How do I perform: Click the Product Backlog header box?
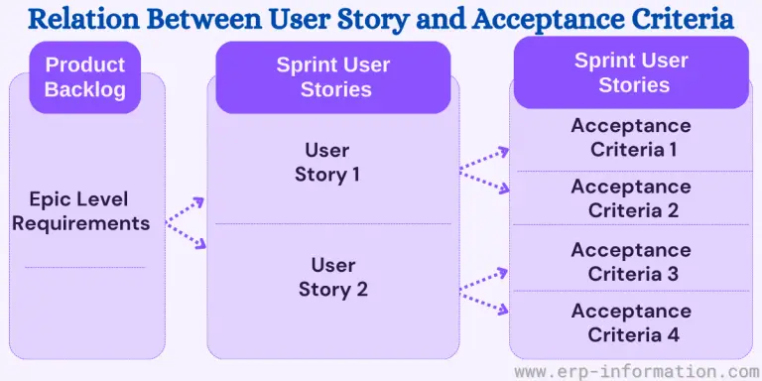[x=85, y=77]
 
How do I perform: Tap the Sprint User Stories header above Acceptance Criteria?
[x=630, y=72]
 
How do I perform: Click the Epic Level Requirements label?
[x=81, y=210]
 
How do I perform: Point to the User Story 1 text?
[x=326, y=162]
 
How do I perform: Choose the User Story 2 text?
[x=332, y=277]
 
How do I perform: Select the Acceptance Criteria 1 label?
[x=632, y=138]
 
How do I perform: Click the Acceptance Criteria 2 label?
[x=632, y=198]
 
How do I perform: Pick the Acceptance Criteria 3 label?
[x=632, y=262]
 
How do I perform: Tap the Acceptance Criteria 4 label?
[x=632, y=322]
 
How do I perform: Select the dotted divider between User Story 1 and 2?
[x=333, y=223]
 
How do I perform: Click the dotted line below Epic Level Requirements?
[x=84, y=267]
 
